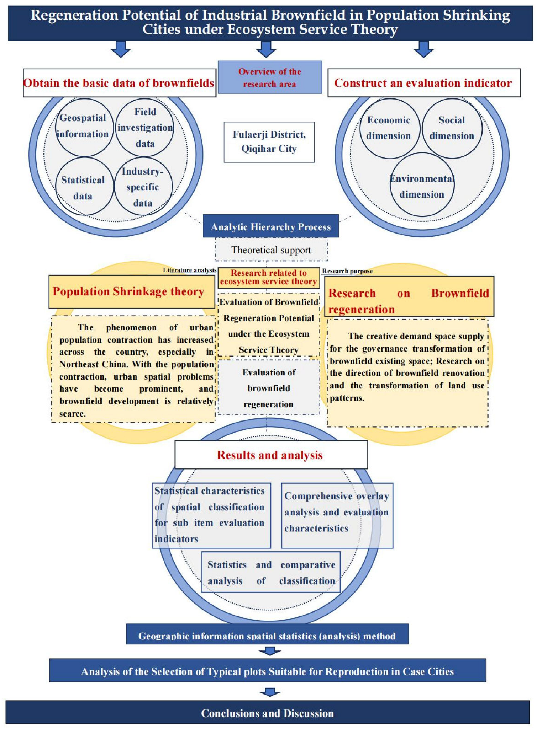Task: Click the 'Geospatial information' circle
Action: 84,127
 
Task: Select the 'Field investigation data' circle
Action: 144,128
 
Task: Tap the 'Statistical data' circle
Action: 84,187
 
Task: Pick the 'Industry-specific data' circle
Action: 143,187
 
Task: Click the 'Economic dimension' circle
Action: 390,128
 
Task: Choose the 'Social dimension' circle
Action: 452,128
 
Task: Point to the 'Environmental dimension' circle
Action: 422,186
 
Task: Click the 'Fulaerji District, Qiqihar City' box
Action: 269,142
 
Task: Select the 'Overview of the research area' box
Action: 270,77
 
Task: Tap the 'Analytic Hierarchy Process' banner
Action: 270,226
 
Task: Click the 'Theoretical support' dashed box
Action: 271,250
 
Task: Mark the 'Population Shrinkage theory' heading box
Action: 131,291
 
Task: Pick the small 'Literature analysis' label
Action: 189,270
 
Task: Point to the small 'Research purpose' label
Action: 347,271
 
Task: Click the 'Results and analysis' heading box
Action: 270,455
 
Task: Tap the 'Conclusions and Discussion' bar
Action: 268,713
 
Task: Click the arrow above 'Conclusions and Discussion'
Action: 270,692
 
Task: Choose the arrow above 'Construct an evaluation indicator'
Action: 423,49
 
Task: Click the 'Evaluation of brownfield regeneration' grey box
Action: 269,388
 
